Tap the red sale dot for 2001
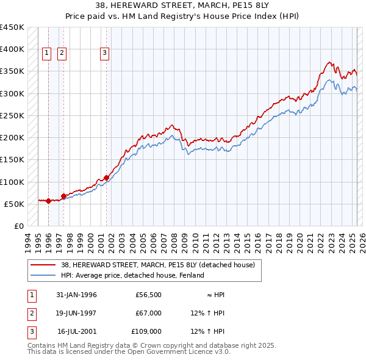[106, 178]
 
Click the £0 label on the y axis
[19, 226]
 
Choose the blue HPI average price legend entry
[132, 275]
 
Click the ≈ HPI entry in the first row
[215, 295]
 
